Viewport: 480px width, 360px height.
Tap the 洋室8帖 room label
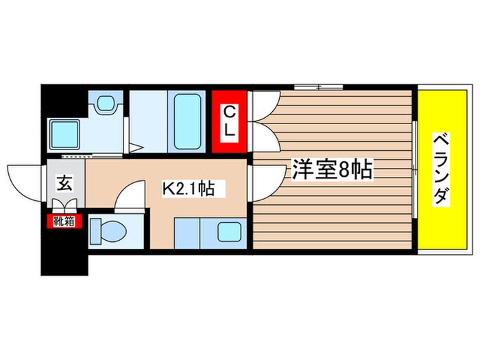(333, 170)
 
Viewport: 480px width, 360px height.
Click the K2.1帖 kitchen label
(187, 188)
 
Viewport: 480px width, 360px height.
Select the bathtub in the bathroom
(186, 121)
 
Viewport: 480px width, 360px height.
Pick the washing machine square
(67, 134)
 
